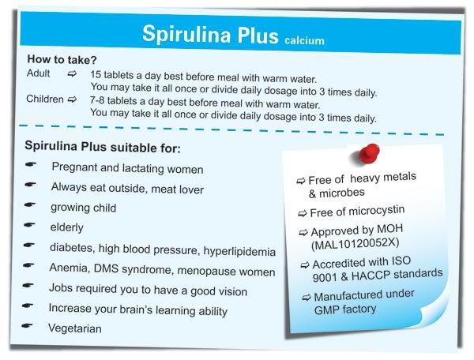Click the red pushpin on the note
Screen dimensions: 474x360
[368, 154]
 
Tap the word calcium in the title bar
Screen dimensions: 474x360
[304, 41]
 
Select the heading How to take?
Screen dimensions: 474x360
[62, 59]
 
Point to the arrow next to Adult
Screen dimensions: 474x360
[72, 73]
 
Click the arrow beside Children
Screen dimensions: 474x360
[72, 99]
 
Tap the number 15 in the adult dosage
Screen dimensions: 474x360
[96, 74]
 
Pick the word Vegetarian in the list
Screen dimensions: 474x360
[75, 328]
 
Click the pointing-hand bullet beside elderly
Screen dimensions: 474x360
[29, 225]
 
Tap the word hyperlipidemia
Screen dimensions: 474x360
[239, 251]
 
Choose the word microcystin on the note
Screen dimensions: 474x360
[375, 211]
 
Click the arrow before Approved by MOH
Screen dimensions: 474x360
[303, 233]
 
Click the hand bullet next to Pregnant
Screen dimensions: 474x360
[31, 164]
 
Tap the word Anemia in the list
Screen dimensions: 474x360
[70, 268]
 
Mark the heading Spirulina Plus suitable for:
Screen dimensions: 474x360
[103, 147]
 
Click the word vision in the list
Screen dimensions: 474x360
[233, 291]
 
